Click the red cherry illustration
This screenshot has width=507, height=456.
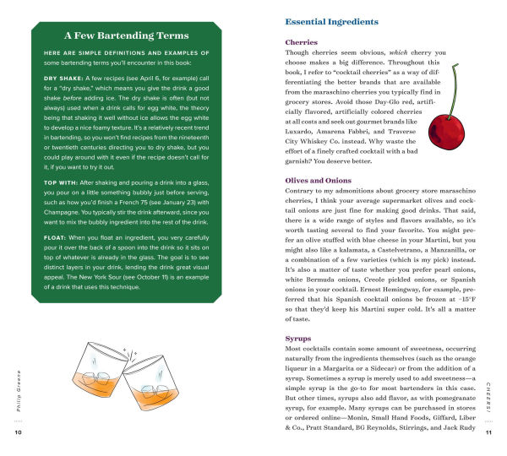444,133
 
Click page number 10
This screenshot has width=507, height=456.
19,433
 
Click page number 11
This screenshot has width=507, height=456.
488,433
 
